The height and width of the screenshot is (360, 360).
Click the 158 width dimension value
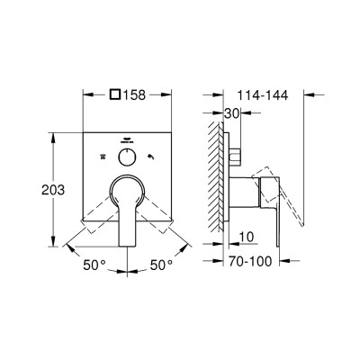(134, 95)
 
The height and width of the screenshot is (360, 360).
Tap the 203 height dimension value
(53, 190)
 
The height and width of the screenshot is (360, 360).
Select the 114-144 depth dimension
(263, 95)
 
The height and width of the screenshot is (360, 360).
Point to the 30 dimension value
(232, 113)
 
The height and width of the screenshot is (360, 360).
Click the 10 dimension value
(247, 237)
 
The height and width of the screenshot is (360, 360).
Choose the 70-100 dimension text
(250, 261)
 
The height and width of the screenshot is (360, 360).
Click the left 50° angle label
(94, 265)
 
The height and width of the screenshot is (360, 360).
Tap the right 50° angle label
(162, 265)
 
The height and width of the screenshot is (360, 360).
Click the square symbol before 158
(115, 94)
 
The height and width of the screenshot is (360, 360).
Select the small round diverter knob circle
(127, 157)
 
